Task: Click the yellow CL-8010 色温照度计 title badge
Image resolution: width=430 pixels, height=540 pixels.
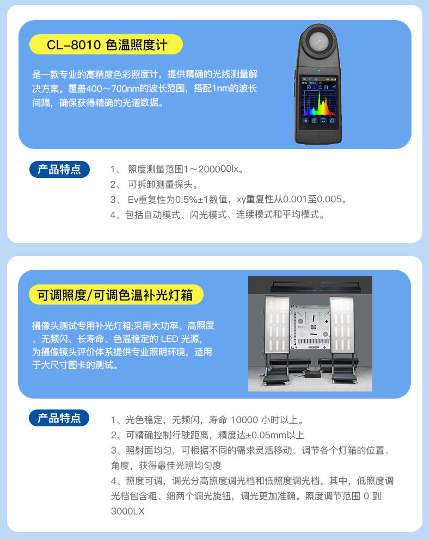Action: [x=106, y=45]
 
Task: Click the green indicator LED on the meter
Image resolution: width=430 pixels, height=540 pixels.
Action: [x=318, y=71]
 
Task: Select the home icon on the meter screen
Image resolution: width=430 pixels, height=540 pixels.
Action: [x=332, y=121]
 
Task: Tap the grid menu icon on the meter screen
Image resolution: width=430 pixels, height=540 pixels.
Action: [x=305, y=121]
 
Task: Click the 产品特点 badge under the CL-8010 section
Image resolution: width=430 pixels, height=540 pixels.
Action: [x=59, y=170]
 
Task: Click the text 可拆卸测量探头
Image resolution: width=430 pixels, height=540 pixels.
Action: [x=160, y=184]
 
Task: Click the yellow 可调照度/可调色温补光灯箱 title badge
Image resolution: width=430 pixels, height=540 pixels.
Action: [x=116, y=295]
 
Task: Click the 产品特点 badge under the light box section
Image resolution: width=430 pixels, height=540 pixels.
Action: [x=59, y=418]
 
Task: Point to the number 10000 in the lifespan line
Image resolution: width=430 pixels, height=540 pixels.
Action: [x=244, y=420]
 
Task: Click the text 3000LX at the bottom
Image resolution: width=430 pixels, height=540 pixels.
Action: [x=127, y=511]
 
